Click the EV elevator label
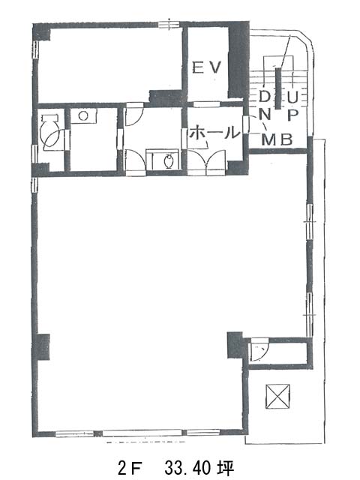[x=206, y=67]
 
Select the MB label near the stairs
[x=277, y=140]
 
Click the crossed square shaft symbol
[x=277, y=396]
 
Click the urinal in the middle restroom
[x=169, y=161]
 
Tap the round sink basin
[x=83, y=116]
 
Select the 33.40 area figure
[x=187, y=468]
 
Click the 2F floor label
[x=130, y=468]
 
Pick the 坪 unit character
[x=226, y=468]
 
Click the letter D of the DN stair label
[x=264, y=97]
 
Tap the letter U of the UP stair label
[x=292, y=97]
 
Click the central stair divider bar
[x=278, y=88]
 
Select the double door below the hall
[x=207, y=162]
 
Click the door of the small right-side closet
[x=259, y=349]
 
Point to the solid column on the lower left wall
[x=43, y=346]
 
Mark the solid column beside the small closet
[x=235, y=344]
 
